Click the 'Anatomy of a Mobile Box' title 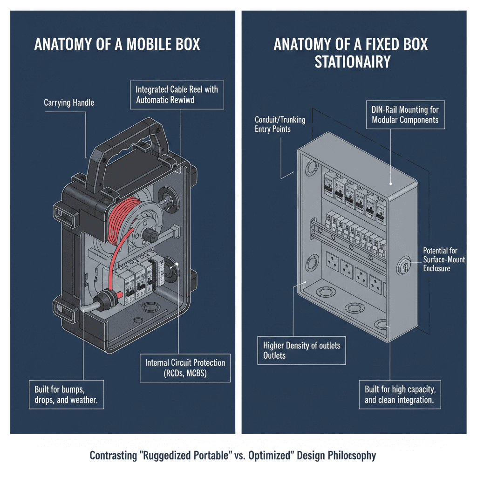point(117,45)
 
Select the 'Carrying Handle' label point(68,102)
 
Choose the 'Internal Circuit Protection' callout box point(185,368)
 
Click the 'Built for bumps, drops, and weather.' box point(66,395)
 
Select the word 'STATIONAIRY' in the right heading point(352,62)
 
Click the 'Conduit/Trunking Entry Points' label point(280,124)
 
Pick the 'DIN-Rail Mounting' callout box point(405,115)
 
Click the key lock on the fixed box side point(404,267)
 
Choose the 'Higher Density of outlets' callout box point(301,350)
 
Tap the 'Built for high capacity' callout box point(400,395)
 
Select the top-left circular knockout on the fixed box point(311,166)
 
